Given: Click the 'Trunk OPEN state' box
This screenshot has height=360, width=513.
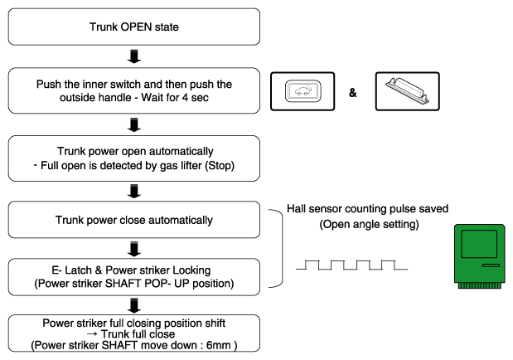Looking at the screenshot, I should (x=135, y=26).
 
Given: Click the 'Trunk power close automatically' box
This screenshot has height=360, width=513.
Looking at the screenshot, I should (x=135, y=221).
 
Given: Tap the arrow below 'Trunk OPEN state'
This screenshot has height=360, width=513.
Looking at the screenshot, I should (x=135, y=56).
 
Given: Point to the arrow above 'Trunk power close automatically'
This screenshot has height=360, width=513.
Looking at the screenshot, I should (x=135, y=192).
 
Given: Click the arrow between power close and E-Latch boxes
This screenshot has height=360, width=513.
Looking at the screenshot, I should (x=135, y=246).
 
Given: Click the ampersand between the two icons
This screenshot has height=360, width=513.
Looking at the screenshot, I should (x=352, y=93).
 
